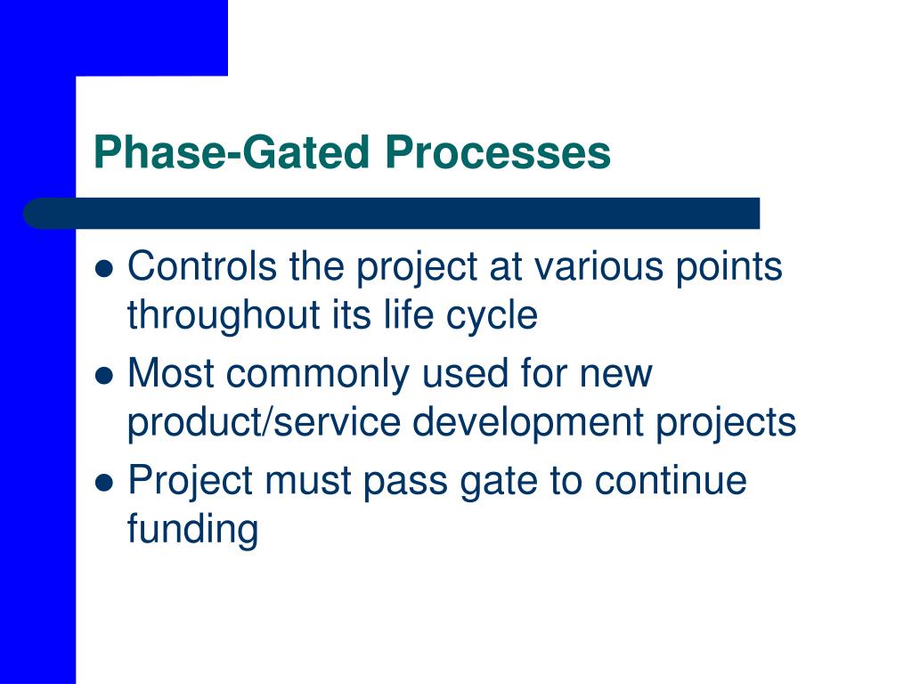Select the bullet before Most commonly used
coord(104,376)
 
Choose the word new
coord(616,374)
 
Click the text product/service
coord(264,422)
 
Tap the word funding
coord(192,529)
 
